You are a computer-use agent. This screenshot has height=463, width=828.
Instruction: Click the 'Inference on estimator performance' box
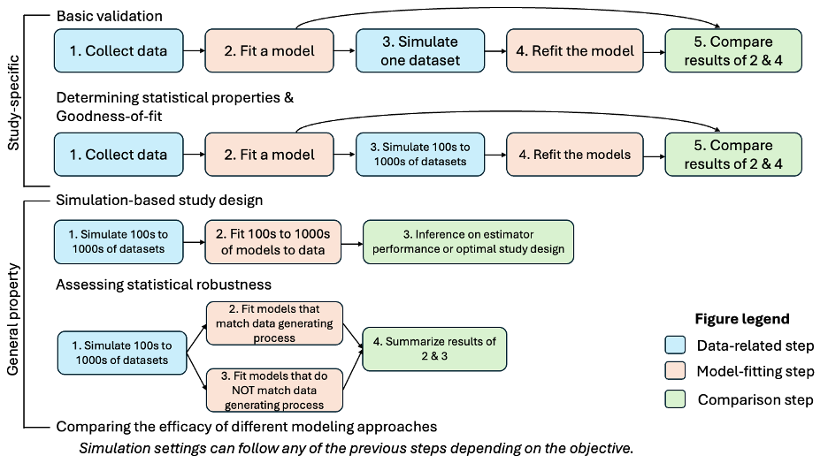(469, 241)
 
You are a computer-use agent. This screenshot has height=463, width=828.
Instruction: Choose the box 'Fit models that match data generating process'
(274, 323)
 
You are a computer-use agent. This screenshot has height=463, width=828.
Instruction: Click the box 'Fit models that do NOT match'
(274, 390)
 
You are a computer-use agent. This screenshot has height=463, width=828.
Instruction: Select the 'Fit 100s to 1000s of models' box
(273, 241)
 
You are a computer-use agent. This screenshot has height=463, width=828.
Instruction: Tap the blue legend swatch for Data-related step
(674, 345)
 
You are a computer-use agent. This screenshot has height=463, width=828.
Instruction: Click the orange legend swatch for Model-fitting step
(674, 372)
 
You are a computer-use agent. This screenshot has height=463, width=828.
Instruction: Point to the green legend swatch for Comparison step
(674, 399)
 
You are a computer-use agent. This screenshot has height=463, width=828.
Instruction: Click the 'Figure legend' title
(741, 319)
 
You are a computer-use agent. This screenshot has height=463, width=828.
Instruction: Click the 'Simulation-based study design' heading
(158, 201)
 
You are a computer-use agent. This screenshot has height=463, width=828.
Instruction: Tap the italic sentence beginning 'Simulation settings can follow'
(356, 448)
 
